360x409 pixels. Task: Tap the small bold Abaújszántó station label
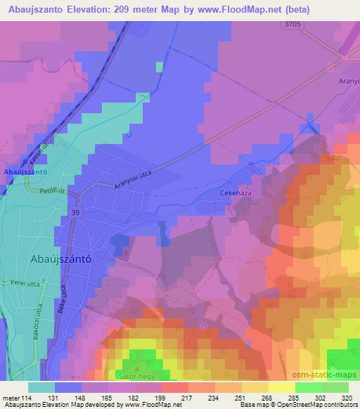25,171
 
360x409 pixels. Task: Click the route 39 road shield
75,212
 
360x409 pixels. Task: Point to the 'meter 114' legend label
15,396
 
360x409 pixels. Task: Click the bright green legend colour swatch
309,387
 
